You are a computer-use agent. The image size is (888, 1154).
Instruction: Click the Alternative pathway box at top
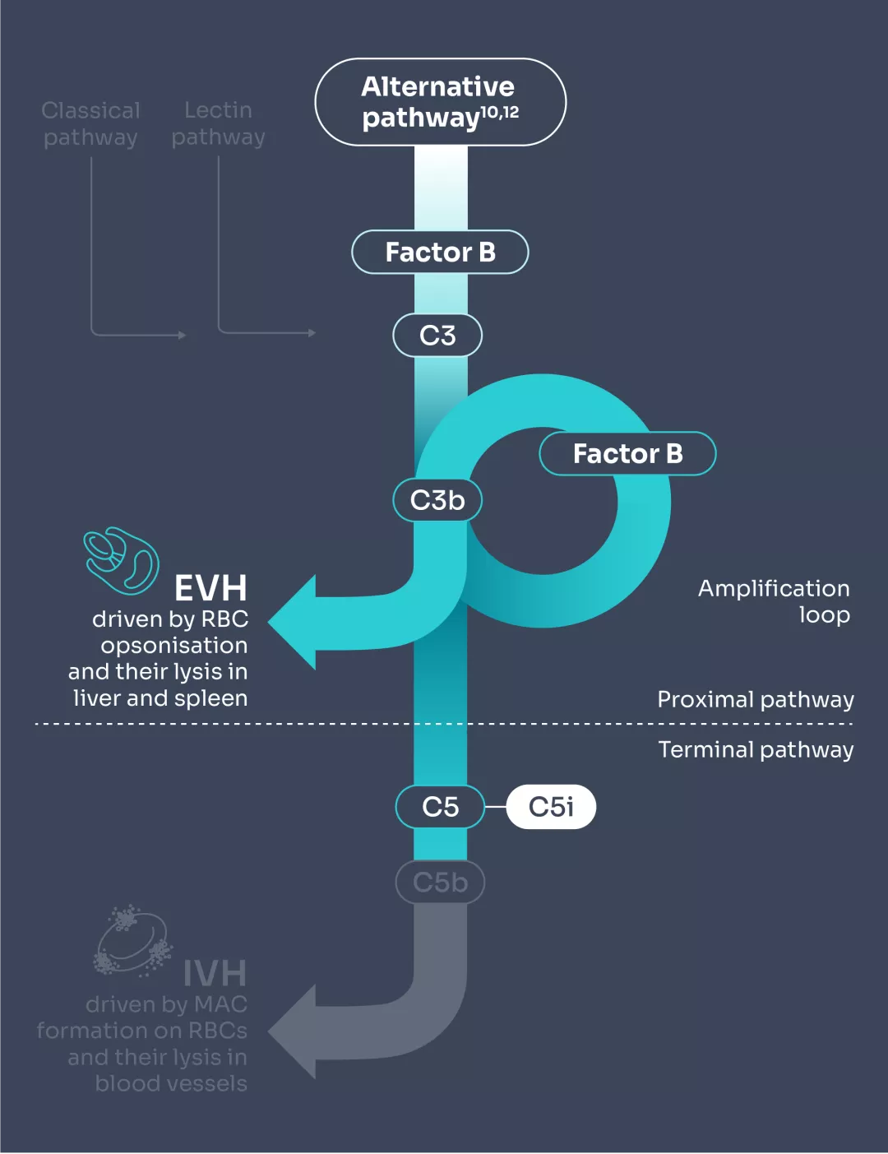[x=440, y=102]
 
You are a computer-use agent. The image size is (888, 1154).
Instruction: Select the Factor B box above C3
[x=440, y=252]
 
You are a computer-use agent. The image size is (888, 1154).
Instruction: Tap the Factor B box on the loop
[x=627, y=453]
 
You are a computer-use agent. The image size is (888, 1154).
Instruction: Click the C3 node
[x=437, y=336]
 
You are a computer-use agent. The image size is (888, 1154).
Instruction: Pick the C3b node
[x=437, y=500]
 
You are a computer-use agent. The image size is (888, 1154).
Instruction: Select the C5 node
[x=440, y=807]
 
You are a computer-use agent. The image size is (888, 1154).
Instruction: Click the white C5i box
[x=551, y=807]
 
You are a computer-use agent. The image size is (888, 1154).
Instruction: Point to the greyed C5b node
[x=440, y=883]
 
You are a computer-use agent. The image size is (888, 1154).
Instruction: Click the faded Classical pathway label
[x=90, y=123]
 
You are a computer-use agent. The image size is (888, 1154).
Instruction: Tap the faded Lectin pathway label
[x=218, y=123]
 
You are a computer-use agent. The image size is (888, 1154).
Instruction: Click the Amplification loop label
[x=773, y=601]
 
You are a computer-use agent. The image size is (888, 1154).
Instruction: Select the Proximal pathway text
[x=755, y=699]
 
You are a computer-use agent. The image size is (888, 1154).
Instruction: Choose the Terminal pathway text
[x=755, y=749]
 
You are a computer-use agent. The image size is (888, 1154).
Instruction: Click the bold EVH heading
[x=210, y=588]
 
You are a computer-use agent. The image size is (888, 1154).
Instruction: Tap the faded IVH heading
[x=214, y=973]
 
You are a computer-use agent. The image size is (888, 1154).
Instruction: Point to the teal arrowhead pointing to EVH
[x=293, y=623]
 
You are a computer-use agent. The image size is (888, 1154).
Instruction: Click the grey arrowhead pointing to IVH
[x=293, y=1031]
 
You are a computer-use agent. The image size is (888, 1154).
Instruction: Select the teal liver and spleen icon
[x=122, y=560]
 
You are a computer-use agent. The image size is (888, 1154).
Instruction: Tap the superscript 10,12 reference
[x=500, y=112]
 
